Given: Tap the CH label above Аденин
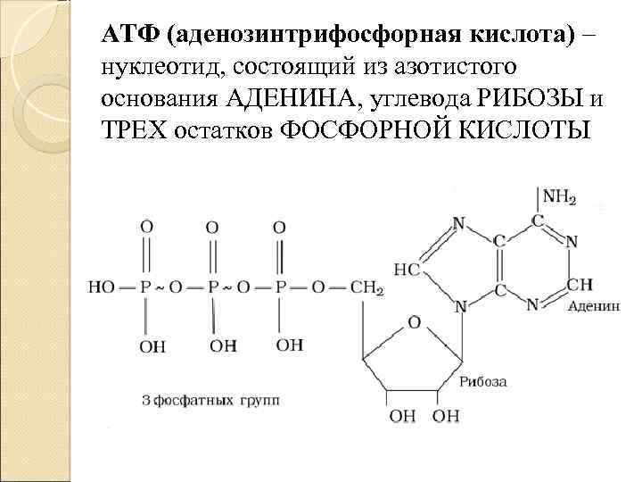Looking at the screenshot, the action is [579, 285].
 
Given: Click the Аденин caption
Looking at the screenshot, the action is [591, 304].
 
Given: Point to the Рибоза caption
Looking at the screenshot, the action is [484, 381].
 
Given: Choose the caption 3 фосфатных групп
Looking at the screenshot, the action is [210, 401].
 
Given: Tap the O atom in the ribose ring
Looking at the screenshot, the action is [413, 320].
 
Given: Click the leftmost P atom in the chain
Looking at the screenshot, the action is [146, 287].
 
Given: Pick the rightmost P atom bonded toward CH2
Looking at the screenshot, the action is [280, 287].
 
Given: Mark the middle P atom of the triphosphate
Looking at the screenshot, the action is [212, 287].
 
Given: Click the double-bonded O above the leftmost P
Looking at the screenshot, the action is [146, 227].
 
